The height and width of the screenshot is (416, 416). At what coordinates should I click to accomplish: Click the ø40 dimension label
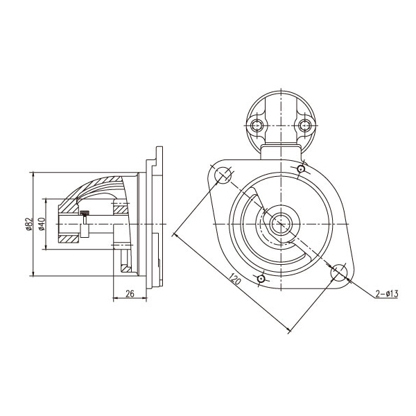click(x=42, y=224)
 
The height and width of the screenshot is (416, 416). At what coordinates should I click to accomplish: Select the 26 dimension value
click(x=130, y=294)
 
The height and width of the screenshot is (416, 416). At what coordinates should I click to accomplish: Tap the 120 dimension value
click(x=235, y=278)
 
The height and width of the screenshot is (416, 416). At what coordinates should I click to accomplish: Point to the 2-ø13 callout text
click(x=387, y=294)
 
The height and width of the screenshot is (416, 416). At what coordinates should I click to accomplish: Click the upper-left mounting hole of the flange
click(x=223, y=175)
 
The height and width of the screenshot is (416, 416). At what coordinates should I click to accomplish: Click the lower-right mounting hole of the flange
click(x=339, y=272)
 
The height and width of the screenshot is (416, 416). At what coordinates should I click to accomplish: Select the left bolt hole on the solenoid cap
click(x=257, y=125)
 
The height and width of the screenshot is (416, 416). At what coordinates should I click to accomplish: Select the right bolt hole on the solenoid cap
click(x=305, y=125)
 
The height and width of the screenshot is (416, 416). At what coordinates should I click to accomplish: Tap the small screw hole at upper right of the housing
click(x=301, y=168)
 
